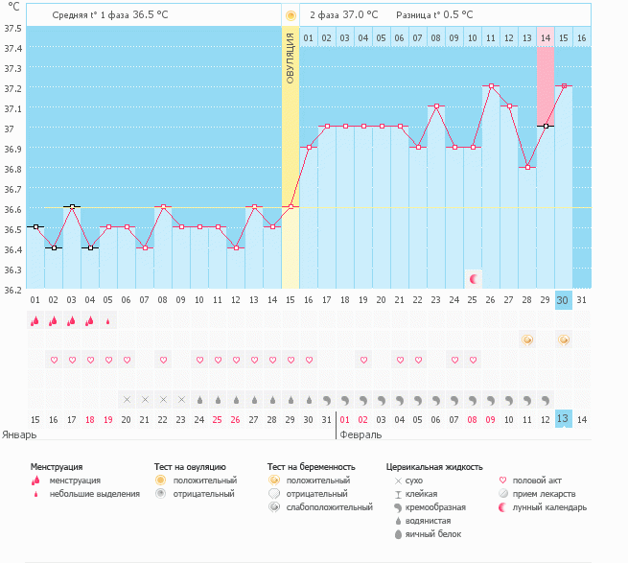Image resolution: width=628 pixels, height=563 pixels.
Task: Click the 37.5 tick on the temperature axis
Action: coord(12,28)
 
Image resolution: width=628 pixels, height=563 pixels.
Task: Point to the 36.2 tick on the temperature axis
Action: coord(12,290)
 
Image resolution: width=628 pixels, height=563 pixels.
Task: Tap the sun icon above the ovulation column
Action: coord(291,16)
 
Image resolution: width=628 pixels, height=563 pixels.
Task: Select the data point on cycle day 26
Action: coord(491,86)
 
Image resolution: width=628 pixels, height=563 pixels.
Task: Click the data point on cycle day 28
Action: coord(527,167)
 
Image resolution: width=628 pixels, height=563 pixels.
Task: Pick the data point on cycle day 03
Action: coord(72,207)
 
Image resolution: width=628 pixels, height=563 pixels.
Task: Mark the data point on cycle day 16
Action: coord(309,147)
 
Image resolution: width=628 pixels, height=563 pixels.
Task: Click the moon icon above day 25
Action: coord(473,279)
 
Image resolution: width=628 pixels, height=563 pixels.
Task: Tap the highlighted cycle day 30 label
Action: coord(564,300)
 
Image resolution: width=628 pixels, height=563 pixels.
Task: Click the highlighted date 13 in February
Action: coord(564,419)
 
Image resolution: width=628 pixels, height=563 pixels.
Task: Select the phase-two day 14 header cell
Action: coord(546,37)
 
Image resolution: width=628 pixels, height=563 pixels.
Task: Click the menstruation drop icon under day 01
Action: coord(35,321)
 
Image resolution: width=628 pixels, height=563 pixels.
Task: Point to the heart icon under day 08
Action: coord(163,360)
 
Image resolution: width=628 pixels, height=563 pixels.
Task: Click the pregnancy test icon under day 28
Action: coord(527,340)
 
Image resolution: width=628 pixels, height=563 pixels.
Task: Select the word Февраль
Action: coord(361,434)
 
